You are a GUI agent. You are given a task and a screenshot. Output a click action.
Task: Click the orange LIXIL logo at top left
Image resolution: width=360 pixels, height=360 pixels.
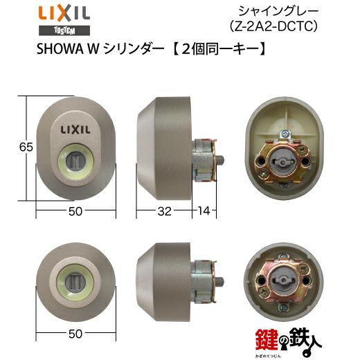pos(64,14)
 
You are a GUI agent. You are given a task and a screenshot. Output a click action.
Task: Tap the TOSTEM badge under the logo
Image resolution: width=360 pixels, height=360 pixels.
pos(64,30)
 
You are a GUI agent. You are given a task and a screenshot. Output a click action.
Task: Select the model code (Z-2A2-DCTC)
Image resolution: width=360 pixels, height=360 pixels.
pos(273,26)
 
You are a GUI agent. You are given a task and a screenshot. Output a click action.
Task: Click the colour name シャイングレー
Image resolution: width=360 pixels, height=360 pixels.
pos(278,12)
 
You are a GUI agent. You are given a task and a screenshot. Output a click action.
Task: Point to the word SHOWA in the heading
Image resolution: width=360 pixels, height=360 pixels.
pos(60,49)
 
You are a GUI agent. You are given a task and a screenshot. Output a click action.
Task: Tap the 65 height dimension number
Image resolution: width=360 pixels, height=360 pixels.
pos(26,147)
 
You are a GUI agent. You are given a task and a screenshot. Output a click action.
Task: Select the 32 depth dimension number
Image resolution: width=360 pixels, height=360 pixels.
pos(164,211)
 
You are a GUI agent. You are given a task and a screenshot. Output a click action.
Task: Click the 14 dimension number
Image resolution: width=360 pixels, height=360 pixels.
pos(204,211)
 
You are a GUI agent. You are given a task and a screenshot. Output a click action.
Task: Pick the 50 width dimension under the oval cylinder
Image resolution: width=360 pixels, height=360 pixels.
pos(75,211)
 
